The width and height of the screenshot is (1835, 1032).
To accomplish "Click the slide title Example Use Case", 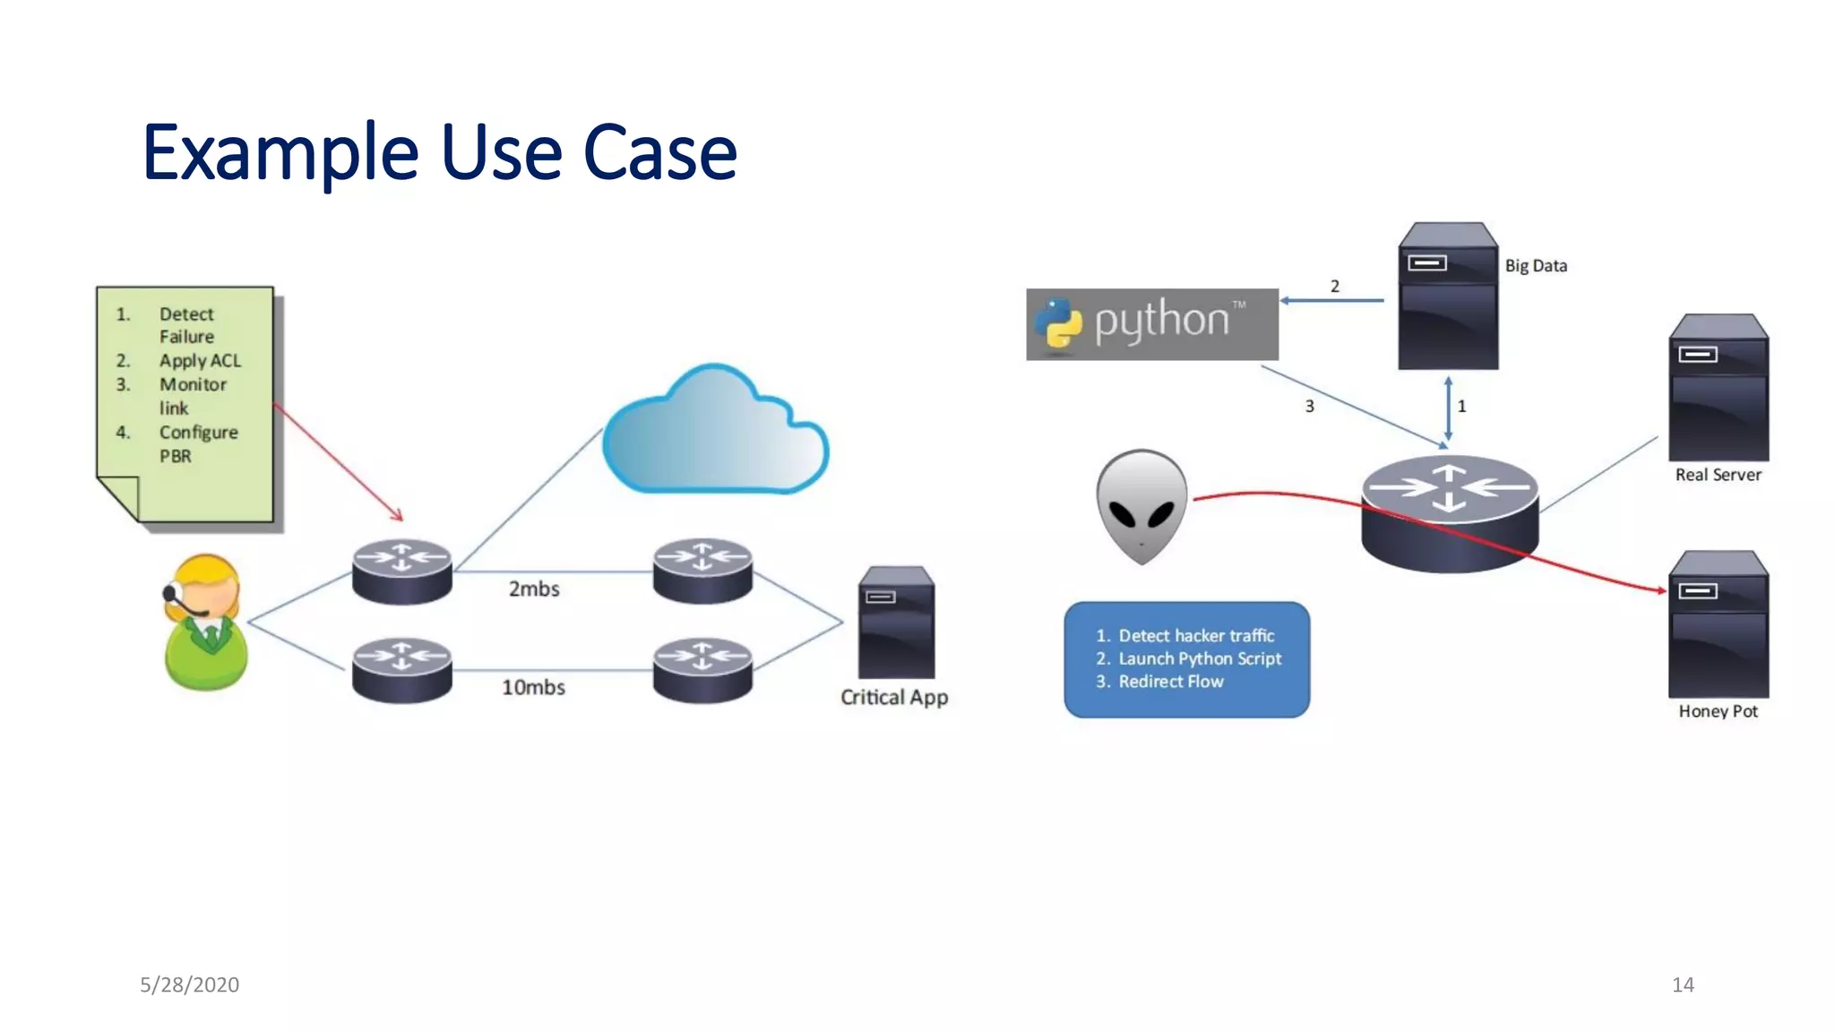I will [439, 152].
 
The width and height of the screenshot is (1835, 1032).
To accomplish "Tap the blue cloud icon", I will [715, 433].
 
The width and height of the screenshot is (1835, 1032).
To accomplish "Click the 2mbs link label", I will [534, 589].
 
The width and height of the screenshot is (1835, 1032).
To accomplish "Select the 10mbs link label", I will [533, 687].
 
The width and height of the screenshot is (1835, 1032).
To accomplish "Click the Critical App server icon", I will [896, 622].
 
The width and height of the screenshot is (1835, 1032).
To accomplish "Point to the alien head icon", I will [1141, 506].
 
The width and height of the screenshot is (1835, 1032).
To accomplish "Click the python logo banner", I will [1152, 324].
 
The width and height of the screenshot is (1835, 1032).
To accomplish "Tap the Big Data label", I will [1536, 266].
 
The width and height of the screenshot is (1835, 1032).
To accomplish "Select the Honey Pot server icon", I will [1718, 624].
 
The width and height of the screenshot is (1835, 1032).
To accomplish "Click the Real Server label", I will [1718, 475].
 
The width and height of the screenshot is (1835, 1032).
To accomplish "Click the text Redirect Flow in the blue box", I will [1170, 682].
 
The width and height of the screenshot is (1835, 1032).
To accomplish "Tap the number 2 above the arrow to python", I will [1334, 287].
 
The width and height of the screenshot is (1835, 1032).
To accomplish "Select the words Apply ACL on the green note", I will [200, 361].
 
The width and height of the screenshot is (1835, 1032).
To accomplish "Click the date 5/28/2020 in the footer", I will [189, 985].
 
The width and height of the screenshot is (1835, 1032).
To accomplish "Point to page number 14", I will [1682, 985].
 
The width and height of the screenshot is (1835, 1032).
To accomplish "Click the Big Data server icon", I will [1448, 297].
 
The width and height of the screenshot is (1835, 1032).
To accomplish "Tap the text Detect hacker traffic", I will [1195, 636].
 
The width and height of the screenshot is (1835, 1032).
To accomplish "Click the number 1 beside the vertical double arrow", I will [1461, 407].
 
